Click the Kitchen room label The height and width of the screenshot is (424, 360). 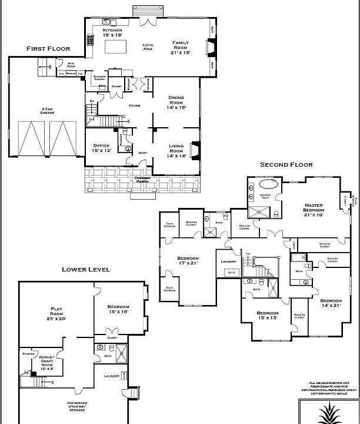pos(113,32)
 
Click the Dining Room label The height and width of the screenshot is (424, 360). pos(176,102)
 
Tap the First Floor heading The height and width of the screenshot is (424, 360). pos(48,49)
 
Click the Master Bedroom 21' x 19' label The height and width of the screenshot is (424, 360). pos(314,212)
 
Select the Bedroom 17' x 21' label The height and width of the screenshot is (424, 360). pos(188,260)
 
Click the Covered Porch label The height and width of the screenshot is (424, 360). pos(142,179)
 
